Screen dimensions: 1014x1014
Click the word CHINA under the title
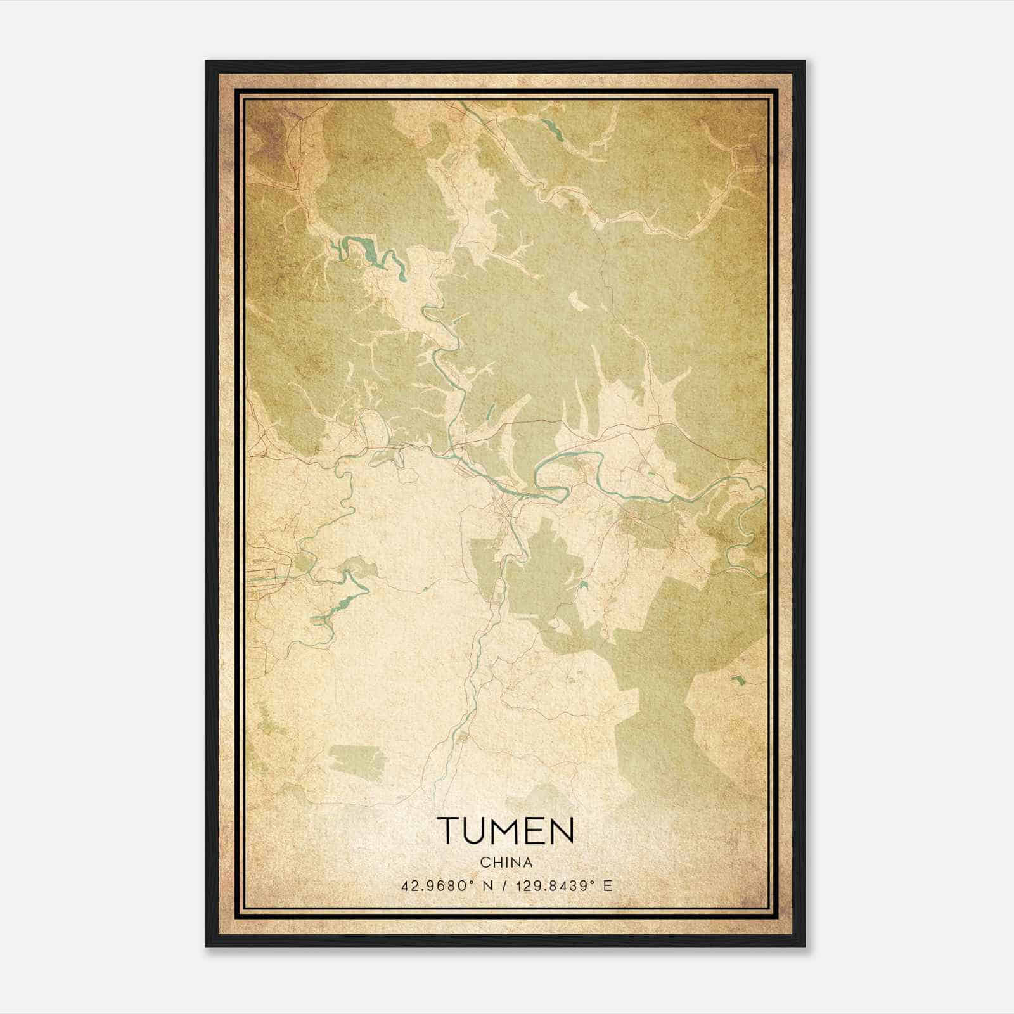(x=506, y=863)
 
